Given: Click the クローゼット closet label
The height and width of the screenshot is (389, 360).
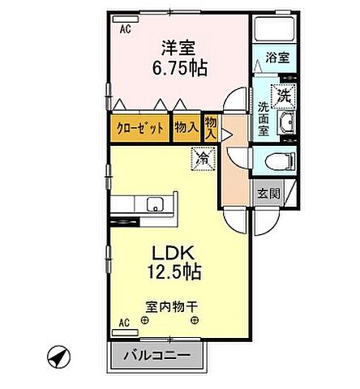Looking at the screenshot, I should click(x=140, y=127).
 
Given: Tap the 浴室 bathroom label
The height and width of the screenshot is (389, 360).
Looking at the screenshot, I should click(x=277, y=58).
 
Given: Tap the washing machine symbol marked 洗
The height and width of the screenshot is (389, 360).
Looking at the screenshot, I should click(x=285, y=95).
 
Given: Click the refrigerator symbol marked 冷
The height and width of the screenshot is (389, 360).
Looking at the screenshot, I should click(x=201, y=156).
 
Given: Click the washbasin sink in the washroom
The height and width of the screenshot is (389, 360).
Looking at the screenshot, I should click(x=289, y=124).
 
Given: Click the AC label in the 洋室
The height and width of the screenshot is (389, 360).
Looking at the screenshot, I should click(x=126, y=29).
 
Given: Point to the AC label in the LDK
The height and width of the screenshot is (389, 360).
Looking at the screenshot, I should click(x=124, y=323).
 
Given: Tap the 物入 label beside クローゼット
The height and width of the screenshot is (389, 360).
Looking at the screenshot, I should click(x=186, y=127).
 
